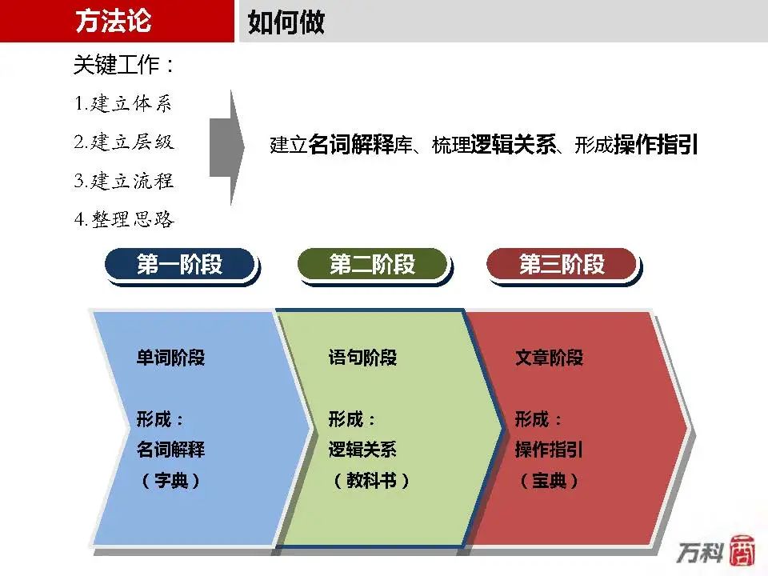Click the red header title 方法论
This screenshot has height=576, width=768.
click(x=113, y=21)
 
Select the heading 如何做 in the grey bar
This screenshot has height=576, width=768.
click(x=286, y=22)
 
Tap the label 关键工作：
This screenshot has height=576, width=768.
click(x=124, y=65)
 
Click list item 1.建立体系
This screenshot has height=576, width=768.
click(x=123, y=103)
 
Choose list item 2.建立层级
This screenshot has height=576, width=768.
click(x=124, y=142)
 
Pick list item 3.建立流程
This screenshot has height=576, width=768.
click(x=124, y=181)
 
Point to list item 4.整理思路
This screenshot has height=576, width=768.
click(x=124, y=219)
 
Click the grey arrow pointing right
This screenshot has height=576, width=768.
click(x=226, y=147)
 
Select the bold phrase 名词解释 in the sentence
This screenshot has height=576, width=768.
click(x=351, y=145)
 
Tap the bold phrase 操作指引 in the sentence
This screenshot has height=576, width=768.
click(x=656, y=145)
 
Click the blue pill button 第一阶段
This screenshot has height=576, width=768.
click(x=180, y=265)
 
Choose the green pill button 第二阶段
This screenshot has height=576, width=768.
click(x=373, y=265)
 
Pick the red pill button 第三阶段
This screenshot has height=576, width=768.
click(x=562, y=265)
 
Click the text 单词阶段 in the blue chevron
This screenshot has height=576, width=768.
click(x=170, y=358)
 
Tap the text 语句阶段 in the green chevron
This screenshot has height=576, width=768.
click(x=362, y=358)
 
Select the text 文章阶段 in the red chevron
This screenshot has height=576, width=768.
click(x=549, y=358)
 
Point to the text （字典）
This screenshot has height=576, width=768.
click(x=170, y=481)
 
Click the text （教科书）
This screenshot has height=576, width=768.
click(x=370, y=481)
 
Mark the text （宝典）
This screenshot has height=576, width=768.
click(x=549, y=481)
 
